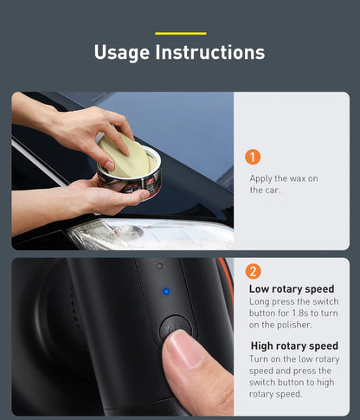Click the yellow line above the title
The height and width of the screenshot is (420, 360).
click(x=180, y=33)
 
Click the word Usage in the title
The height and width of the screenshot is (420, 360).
click(x=121, y=52)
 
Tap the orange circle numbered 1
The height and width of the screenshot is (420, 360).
click(x=253, y=158)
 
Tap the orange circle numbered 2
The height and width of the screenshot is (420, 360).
click(x=253, y=271)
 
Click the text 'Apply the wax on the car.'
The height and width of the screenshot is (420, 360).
click(x=284, y=184)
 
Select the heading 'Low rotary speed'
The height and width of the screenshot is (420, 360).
click(x=292, y=289)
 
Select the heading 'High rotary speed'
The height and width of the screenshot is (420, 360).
click(x=293, y=346)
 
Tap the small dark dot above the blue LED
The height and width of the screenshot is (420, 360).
click(x=159, y=266)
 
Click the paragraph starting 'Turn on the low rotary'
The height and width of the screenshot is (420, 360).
click(x=294, y=376)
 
